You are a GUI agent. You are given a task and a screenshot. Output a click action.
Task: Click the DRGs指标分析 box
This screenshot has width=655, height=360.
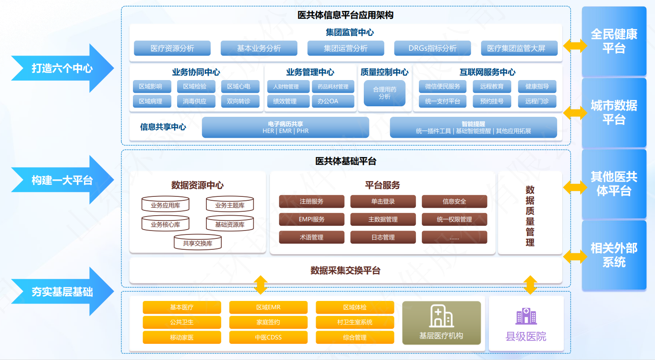(432, 48)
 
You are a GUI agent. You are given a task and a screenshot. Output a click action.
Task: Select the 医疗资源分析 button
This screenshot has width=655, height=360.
(172, 48)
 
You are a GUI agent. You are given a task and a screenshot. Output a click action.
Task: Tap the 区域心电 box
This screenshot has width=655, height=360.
(238, 87)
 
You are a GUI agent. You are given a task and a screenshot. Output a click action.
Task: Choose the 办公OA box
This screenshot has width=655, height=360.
(327, 101)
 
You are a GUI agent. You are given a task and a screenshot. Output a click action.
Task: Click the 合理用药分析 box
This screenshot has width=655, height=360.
(384, 93)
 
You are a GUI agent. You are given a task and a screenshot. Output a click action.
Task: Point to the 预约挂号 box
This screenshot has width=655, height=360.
(491, 101)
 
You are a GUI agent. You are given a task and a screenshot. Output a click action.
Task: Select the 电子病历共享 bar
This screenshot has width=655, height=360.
(285, 127)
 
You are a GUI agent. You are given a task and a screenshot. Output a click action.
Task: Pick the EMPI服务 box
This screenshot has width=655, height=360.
(311, 219)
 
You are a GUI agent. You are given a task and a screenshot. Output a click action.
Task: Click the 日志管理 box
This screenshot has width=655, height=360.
(383, 237)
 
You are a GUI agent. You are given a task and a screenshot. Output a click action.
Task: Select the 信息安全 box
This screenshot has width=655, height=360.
(454, 201)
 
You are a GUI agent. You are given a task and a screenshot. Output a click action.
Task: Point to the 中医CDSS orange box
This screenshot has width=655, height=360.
(268, 337)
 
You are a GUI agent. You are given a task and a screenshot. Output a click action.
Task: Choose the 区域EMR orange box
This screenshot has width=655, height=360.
(268, 307)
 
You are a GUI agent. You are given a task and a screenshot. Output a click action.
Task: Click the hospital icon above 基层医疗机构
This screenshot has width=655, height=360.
(441, 316)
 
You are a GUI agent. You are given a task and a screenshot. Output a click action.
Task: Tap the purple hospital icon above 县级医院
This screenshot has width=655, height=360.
(526, 316)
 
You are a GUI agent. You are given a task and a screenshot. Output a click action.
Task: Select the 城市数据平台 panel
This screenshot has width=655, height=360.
(614, 112)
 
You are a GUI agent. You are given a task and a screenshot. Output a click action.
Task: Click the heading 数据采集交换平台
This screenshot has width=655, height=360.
(345, 270)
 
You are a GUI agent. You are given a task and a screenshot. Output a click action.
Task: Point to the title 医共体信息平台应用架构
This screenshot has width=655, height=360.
(345, 15)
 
